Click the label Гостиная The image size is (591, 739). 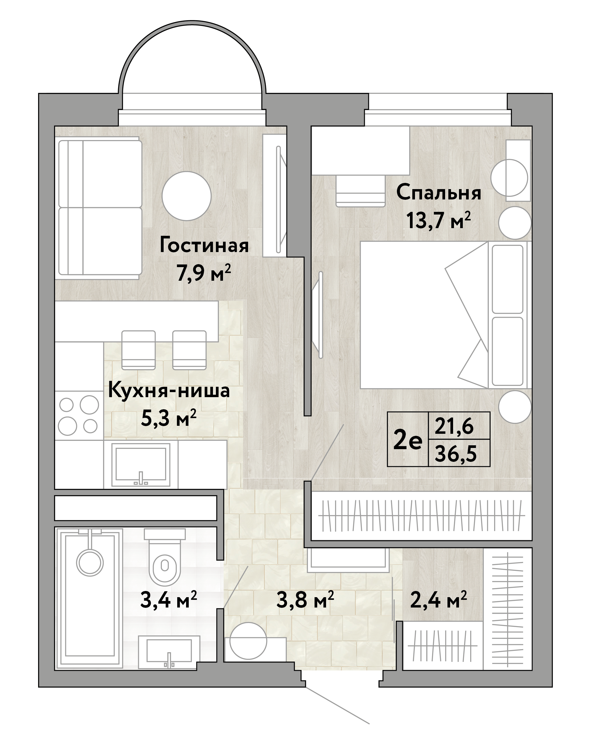tap(204, 246)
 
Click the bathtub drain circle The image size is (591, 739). tap(90, 563)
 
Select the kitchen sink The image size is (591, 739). tap(141, 464)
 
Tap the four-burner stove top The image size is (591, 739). tap(79, 415)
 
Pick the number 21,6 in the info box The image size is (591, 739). tap(454, 426)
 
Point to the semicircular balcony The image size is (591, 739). tap(192, 69)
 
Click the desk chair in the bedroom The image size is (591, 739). tap(360, 191)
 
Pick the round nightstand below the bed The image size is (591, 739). tap(515, 407)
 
